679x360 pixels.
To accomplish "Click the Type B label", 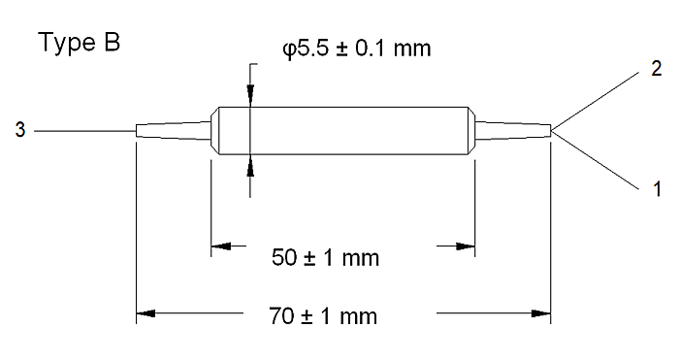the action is click(80, 44).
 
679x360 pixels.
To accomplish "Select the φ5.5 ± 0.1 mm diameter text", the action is click(357, 49).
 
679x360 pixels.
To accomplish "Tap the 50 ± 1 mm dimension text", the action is click(325, 257).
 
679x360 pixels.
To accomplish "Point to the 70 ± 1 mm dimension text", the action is click(323, 315).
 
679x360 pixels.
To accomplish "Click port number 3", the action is click(20, 130).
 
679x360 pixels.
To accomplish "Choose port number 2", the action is click(657, 69).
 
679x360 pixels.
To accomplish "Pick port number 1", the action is click(658, 189).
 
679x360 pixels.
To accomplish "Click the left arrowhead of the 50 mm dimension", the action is click(221, 246).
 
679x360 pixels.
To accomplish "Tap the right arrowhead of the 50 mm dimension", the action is click(465, 246).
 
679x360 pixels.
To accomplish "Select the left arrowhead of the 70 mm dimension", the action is click(145, 312).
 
